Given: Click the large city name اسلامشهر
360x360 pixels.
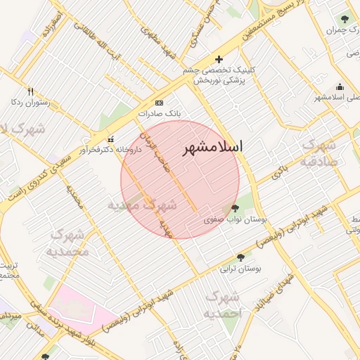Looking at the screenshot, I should point(212,148).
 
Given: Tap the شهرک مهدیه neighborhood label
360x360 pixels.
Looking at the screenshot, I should point(141,205).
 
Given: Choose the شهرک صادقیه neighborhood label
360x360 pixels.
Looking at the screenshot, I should point(321,152).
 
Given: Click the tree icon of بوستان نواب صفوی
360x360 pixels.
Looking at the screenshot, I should point(234,207).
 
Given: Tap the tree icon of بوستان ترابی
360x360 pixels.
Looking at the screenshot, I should point(241,257).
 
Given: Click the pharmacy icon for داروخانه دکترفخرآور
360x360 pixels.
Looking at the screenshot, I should point(110,139).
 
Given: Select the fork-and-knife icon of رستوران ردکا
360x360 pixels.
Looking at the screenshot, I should point(30,91).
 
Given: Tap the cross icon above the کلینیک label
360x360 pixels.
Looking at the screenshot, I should point(219,59).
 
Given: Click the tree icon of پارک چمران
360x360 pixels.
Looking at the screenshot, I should point(344,19).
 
